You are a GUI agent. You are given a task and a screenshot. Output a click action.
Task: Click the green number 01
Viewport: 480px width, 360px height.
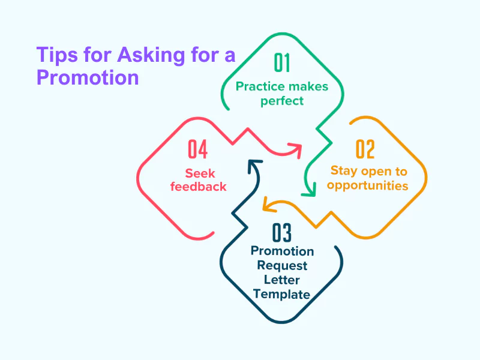pos(281,63)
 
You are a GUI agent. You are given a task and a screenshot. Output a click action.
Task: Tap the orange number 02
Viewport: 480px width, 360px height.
pos(365,149)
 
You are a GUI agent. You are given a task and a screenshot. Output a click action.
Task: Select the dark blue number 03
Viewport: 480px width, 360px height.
pos(281,232)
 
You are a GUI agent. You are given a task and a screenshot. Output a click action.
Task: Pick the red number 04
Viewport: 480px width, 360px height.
pos(198,149)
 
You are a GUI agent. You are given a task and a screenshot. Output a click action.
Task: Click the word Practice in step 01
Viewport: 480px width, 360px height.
pos(260,86)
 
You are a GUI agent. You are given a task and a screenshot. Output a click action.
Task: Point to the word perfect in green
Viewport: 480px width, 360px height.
pos(282,101)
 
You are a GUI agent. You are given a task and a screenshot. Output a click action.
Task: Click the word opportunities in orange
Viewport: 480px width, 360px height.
pos(368,185)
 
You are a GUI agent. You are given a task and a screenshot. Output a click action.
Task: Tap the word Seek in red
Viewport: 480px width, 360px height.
pos(200,173)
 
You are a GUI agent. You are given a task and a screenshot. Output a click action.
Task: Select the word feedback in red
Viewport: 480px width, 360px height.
pos(199,187)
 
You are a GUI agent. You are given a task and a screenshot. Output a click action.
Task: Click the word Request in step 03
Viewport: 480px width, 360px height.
pos(282,265)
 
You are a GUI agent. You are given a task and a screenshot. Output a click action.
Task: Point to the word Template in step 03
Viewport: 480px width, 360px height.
pos(281,294)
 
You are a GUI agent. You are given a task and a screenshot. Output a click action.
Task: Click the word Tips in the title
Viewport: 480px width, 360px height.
pos(57,55)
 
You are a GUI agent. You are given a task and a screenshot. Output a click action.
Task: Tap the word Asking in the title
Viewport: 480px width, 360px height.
pos(151,55)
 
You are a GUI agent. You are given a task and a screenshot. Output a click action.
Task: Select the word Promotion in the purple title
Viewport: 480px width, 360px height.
pos(88,77)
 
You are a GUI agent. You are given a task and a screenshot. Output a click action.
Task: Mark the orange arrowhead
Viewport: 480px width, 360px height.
pos(269,205)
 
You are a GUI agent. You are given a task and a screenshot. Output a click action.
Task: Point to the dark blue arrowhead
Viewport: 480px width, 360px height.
pos(254,166)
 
